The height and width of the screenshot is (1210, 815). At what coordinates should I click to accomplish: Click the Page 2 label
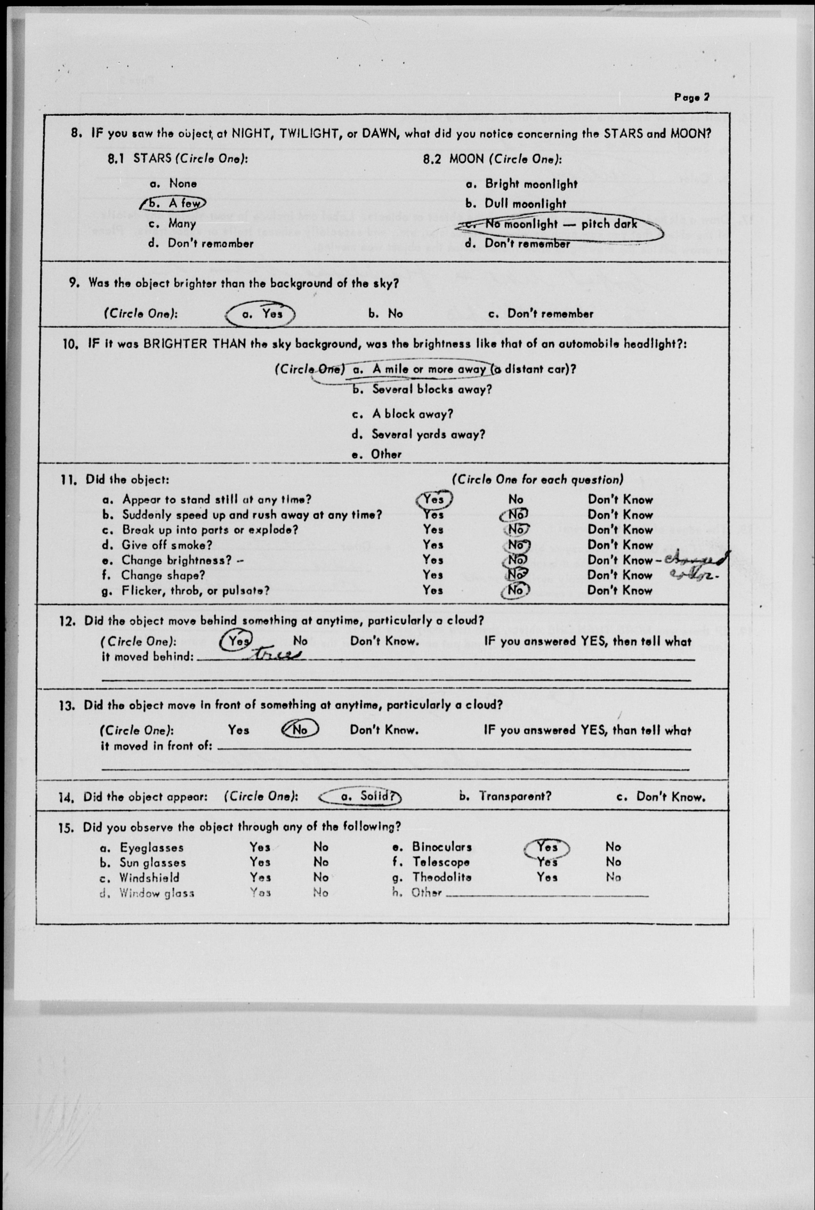(x=691, y=97)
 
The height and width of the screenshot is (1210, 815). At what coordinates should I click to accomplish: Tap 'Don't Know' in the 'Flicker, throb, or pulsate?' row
(x=620, y=591)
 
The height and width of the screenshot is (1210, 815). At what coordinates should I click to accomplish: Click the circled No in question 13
(x=300, y=730)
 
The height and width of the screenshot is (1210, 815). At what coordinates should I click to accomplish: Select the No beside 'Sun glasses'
(x=321, y=862)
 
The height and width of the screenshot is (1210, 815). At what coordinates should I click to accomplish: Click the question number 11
(x=68, y=480)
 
